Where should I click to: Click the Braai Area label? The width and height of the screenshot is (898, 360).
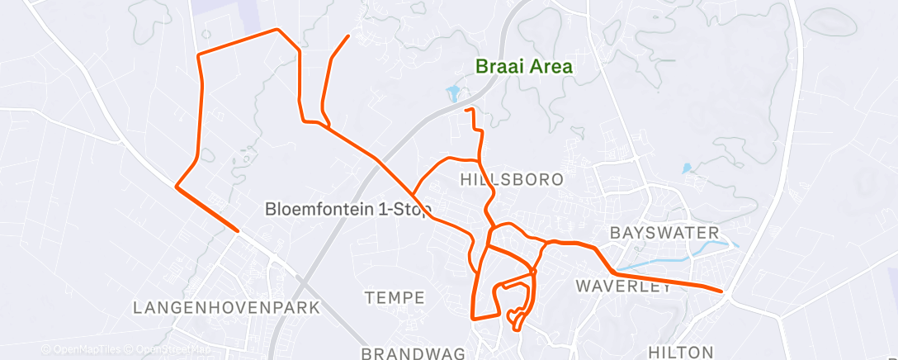[x=524, y=67]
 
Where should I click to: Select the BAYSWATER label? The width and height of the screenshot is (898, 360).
[x=664, y=233]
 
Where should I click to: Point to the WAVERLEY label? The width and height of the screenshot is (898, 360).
[x=623, y=287]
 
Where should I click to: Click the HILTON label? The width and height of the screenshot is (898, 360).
[x=681, y=352]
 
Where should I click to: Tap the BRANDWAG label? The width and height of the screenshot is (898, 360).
[x=414, y=353]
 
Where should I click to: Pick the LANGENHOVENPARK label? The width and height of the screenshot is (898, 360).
[x=227, y=308]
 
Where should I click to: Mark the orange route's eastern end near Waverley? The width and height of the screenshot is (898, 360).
[x=721, y=291]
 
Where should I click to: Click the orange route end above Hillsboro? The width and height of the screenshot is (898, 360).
[x=466, y=109]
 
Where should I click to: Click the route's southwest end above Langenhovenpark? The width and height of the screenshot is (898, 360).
[x=238, y=231]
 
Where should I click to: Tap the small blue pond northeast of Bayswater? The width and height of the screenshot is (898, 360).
[x=687, y=168]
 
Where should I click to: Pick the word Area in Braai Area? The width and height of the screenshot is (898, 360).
[x=551, y=67]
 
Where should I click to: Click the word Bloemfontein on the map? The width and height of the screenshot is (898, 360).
[x=319, y=210]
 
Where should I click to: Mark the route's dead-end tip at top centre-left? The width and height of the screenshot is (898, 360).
[x=347, y=36]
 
